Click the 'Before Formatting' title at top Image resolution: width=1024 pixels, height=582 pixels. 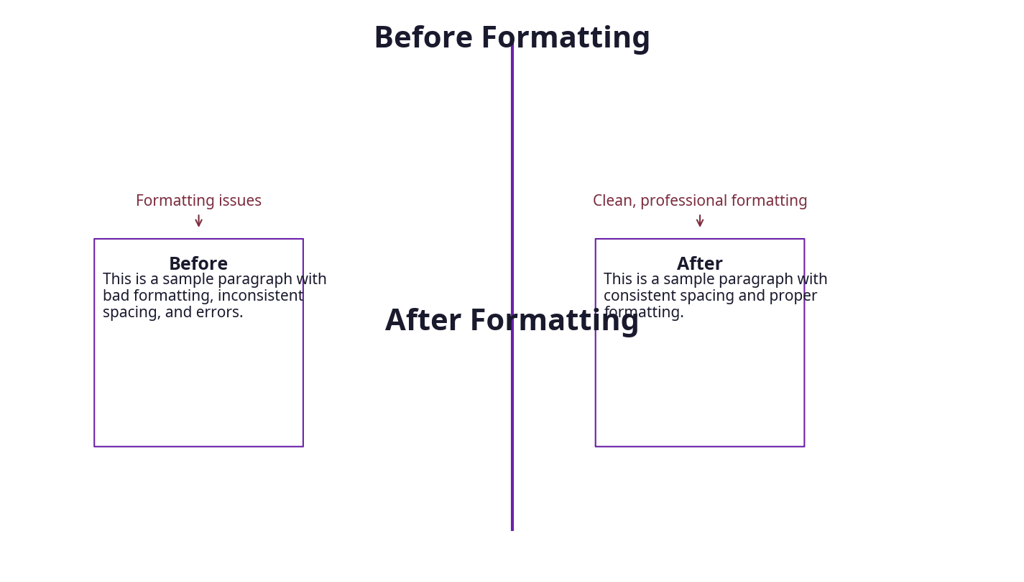coord(512,38)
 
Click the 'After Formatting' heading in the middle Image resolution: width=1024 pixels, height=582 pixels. coord(512,321)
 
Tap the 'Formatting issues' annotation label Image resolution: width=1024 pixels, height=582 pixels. coord(198,201)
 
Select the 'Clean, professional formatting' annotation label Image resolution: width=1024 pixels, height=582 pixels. coord(700,201)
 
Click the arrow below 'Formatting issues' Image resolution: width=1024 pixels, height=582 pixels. coord(199,221)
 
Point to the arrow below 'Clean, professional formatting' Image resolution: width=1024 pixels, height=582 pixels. coord(700,221)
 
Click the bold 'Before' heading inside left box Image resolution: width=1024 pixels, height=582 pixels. coord(198,264)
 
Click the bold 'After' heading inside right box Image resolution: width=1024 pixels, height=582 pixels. coord(700,264)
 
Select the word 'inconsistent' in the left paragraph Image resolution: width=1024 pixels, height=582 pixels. coord(260,296)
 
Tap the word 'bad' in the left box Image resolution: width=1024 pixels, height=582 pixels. coord(116,296)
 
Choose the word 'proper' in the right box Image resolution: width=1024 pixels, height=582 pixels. coord(794,296)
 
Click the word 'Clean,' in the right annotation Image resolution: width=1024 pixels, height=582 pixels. coord(614,201)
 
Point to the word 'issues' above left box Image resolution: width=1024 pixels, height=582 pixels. coord(240,201)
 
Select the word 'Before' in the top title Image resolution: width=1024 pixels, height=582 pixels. coord(423,38)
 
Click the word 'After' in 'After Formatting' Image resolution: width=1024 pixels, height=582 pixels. coord(423,321)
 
